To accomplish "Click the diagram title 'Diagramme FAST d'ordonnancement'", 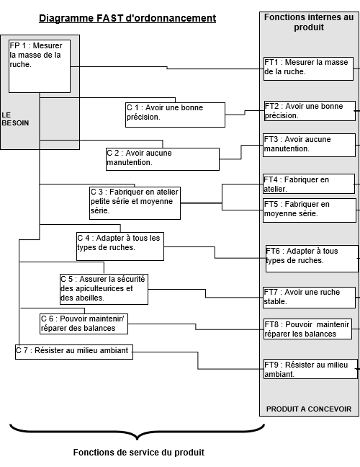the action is (127, 19).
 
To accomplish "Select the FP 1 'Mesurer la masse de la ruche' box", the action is (40, 66).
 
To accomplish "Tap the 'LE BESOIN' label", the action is (15, 119).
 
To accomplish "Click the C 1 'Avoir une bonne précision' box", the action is (175, 115).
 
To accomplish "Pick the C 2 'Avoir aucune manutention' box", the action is (163, 159).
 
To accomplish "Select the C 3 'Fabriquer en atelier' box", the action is (135, 203).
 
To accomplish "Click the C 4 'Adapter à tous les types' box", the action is (120, 246).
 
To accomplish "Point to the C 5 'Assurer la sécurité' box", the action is (104, 289).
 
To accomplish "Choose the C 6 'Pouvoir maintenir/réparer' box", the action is (84, 324).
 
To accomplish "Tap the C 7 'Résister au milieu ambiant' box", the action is (74, 352).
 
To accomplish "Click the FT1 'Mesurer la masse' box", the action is (309, 68).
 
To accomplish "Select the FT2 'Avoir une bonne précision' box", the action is (310, 111).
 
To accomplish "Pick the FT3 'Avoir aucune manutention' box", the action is (309, 145).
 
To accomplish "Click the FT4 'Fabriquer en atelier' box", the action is (309, 184).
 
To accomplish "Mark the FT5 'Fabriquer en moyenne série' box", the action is (310, 210).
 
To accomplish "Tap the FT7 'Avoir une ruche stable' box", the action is (309, 298).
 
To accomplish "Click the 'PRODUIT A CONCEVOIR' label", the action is (309, 409).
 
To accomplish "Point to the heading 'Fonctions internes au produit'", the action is (309, 22).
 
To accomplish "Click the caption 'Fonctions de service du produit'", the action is (139, 453).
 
